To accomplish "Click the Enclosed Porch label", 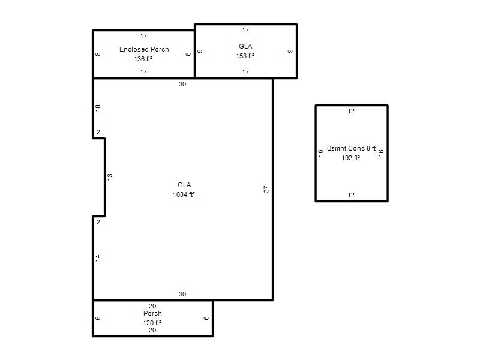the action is [144, 49].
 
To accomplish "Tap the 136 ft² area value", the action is [143, 59].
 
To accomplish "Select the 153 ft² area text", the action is [245, 56].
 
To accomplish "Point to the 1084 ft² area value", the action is [184, 194].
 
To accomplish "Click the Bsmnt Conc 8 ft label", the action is [351, 148].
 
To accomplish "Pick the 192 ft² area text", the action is [350, 158].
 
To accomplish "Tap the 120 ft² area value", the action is [152, 323].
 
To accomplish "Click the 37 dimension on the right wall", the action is [266, 190].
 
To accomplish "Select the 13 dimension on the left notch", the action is [110, 176].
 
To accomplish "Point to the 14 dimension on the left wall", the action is [98, 258].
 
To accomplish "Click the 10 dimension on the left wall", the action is [98, 108].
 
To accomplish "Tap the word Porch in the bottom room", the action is [152, 313].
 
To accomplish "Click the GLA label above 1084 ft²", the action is [184, 185].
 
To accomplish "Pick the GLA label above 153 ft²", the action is [245, 46].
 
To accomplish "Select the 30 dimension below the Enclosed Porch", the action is [182, 84].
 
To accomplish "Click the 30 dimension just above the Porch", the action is [182, 294].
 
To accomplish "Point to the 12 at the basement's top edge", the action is [351, 111].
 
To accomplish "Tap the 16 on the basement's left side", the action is [320, 153].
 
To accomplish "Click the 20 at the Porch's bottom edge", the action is [152, 330].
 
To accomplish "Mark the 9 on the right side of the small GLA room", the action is [290, 51].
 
